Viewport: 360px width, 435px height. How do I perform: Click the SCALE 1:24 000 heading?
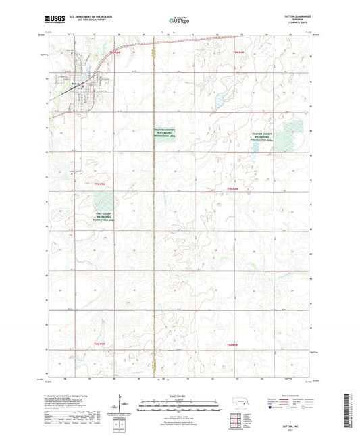click(180, 395)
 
